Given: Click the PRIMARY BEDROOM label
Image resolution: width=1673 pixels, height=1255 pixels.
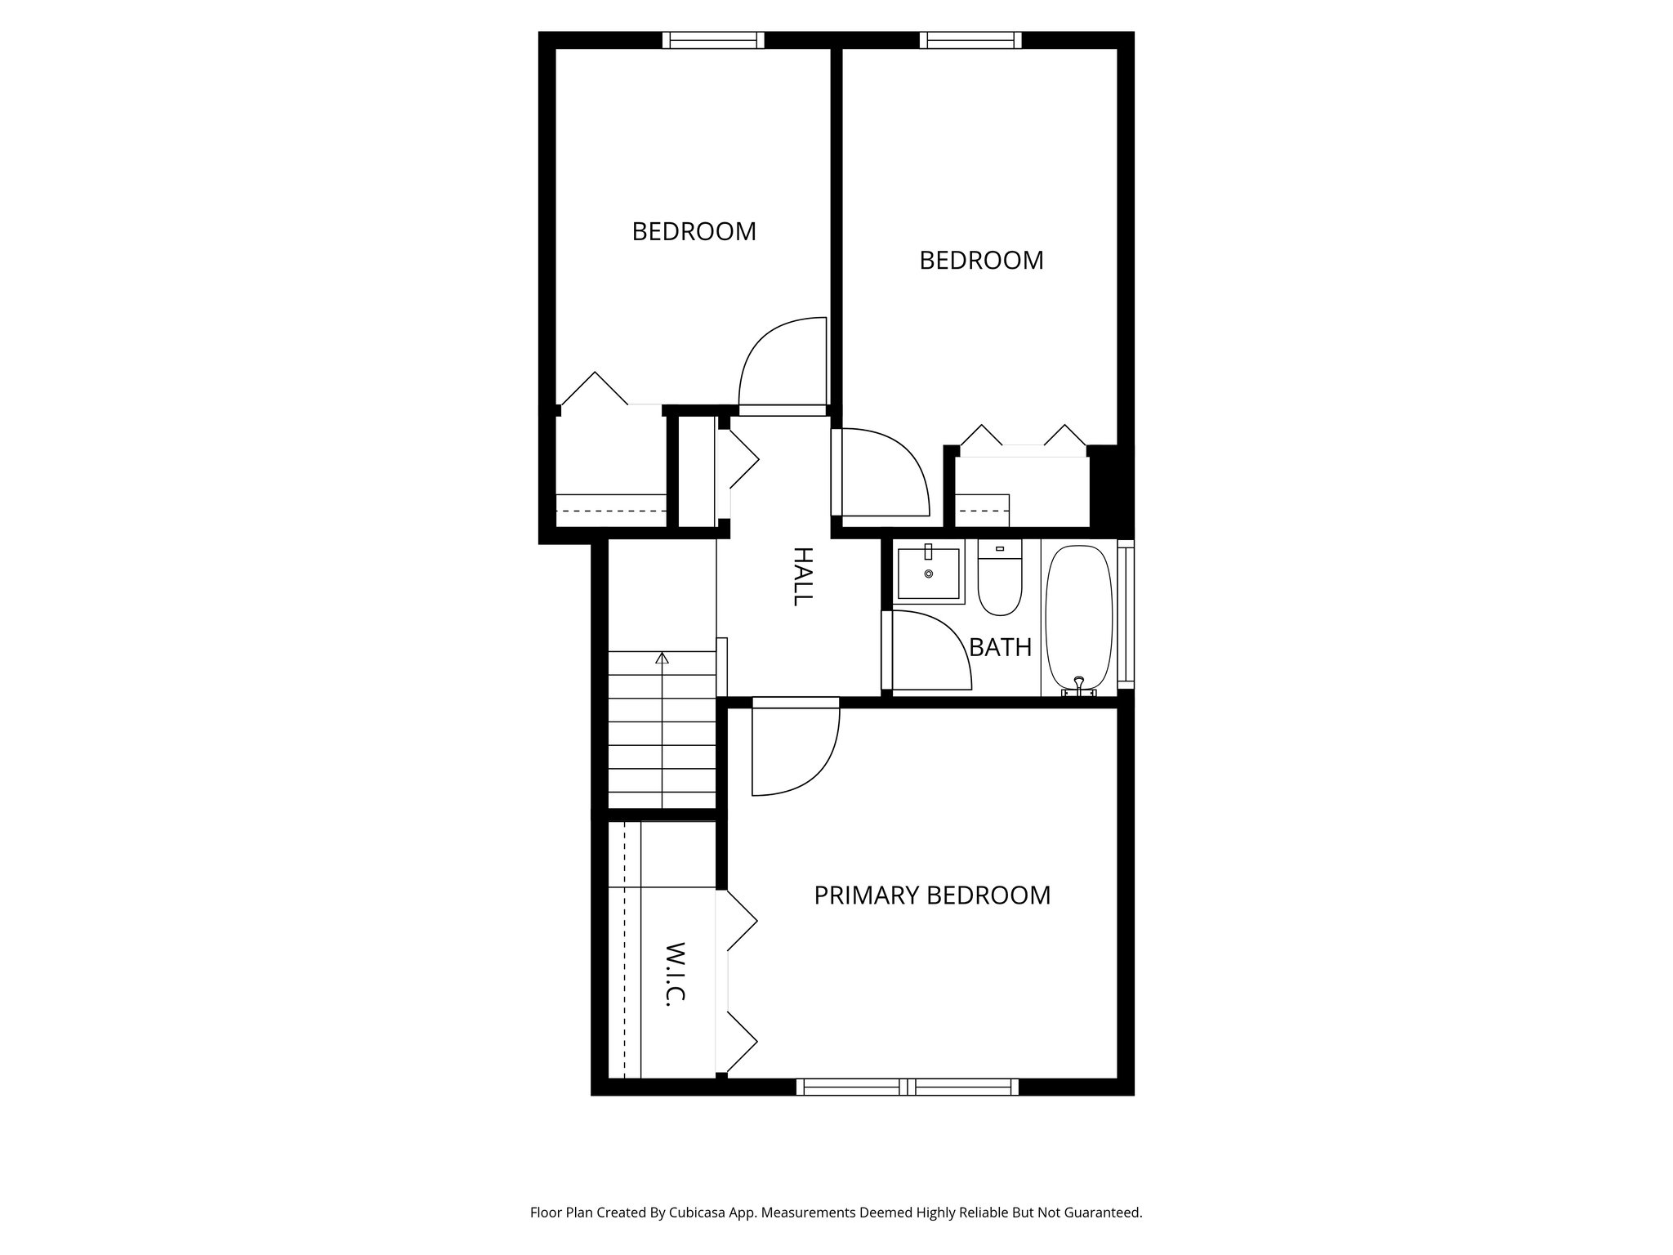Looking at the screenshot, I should coord(932,895).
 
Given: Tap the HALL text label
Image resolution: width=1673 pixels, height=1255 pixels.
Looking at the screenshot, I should coord(803,576).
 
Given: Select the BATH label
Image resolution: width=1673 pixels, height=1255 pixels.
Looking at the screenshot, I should coord(1000,647).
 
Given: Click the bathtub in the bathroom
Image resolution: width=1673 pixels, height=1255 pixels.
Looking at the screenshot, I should coord(1079,618).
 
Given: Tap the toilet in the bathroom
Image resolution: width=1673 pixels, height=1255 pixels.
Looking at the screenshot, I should coord(1000,582).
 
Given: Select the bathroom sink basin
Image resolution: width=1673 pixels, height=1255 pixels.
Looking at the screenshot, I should coord(930,574).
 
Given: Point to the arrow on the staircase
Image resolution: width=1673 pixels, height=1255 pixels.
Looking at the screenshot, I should coord(662,658).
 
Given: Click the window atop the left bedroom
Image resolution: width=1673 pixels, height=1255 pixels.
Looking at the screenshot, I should coord(712,40).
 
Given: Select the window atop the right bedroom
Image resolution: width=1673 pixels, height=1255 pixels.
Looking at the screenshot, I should coord(970,40).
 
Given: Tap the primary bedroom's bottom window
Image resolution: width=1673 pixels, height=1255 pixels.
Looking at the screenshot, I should coord(907,1087).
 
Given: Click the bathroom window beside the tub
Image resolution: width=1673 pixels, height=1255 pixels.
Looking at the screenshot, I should coord(1125,613).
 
